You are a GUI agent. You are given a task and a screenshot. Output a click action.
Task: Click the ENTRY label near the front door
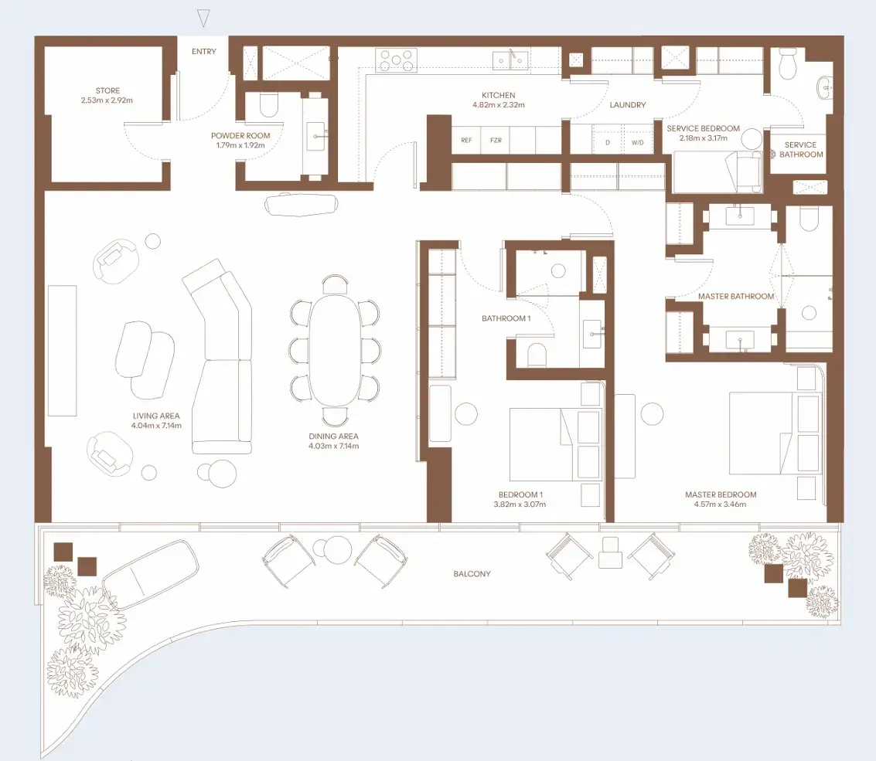[x=204, y=51]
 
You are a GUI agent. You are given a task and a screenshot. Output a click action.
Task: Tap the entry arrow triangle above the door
[x=204, y=19]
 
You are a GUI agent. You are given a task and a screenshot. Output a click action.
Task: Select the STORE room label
[x=107, y=90]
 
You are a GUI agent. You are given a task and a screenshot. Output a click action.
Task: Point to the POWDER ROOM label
[x=240, y=136]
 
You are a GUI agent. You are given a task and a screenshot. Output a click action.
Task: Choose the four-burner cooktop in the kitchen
[x=396, y=59]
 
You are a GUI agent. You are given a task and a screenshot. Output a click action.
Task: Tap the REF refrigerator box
[x=466, y=140]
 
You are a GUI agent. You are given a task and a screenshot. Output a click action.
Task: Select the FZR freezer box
[x=496, y=140]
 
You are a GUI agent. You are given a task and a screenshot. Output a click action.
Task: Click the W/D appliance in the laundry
[x=637, y=142]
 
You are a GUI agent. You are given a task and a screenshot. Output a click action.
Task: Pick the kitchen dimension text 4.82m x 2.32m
[x=499, y=105]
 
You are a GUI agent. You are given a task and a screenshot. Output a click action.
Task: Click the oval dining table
[x=334, y=351]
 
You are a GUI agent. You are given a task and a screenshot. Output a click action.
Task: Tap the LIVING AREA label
[x=156, y=416]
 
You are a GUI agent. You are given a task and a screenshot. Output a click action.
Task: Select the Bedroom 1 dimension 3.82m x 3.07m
[x=520, y=505]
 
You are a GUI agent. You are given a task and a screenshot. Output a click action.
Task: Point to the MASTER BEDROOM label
[x=721, y=494]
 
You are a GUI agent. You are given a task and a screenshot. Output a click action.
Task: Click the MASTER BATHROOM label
[x=736, y=297]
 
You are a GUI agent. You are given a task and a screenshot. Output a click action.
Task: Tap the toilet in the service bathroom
[x=788, y=64]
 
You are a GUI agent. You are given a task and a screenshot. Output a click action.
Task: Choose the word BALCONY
[x=472, y=574]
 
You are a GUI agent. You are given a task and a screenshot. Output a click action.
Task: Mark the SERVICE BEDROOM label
[x=703, y=128]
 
